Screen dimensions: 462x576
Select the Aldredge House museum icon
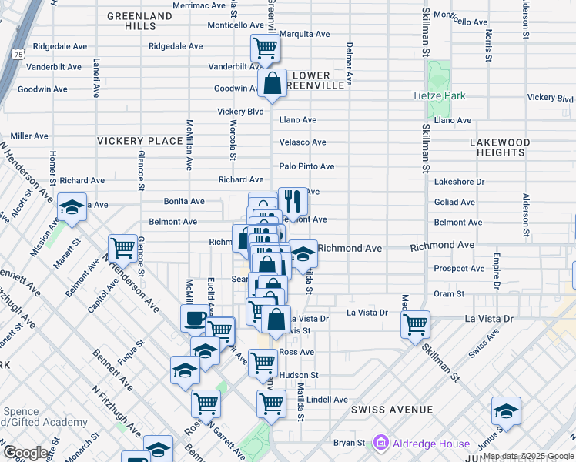(x=380, y=443)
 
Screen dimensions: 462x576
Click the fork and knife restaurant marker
(x=292, y=202)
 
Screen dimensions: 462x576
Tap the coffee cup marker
(x=196, y=318)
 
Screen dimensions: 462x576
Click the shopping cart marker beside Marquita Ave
(x=265, y=49)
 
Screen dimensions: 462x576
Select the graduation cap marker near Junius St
(x=506, y=411)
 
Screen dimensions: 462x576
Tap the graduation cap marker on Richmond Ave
(x=303, y=254)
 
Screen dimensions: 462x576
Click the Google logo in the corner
(x=25, y=453)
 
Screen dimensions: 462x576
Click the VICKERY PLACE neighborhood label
(x=140, y=141)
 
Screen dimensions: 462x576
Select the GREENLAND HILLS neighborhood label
(x=139, y=20)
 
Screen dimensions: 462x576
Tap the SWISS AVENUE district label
(x=391, y=410)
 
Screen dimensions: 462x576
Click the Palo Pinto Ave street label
(x=306, y=166)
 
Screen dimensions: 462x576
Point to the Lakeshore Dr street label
(x=459, y=182)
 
